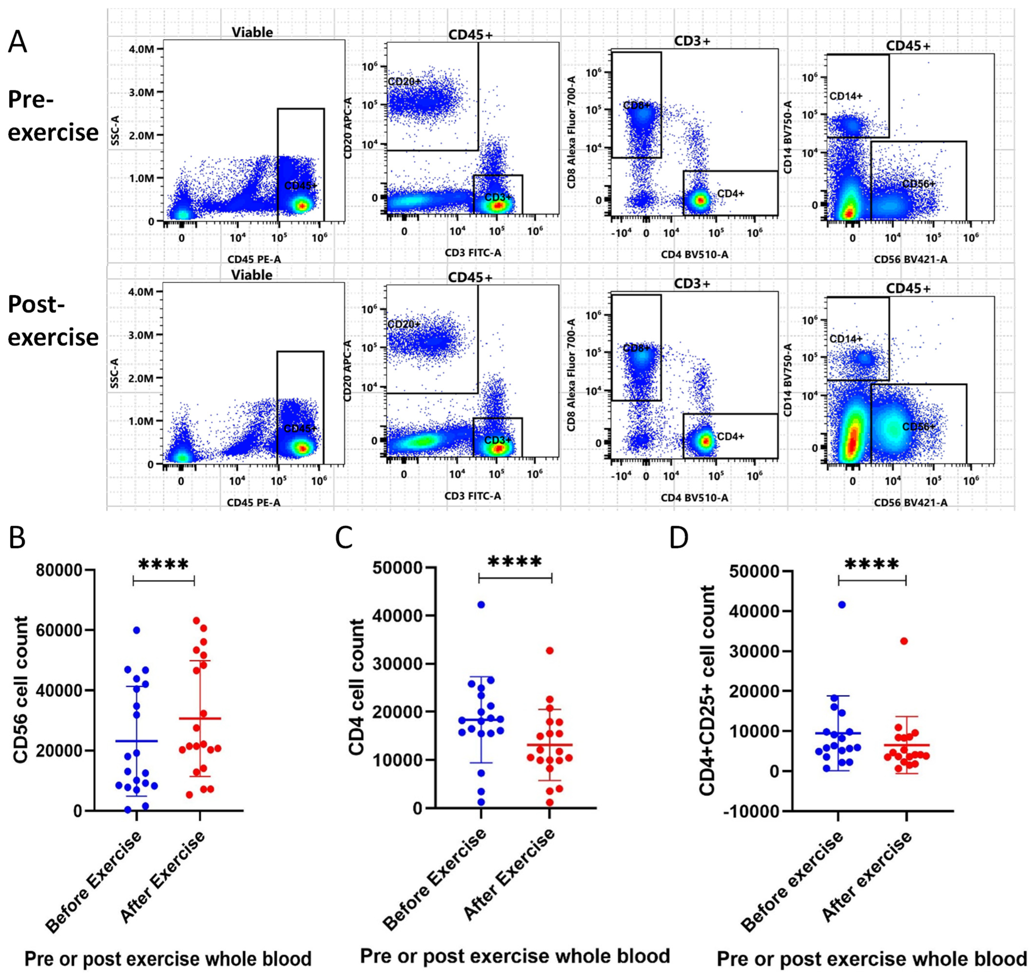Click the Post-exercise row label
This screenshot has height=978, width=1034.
(52, 321)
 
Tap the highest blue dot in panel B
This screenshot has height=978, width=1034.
(136, 630)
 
